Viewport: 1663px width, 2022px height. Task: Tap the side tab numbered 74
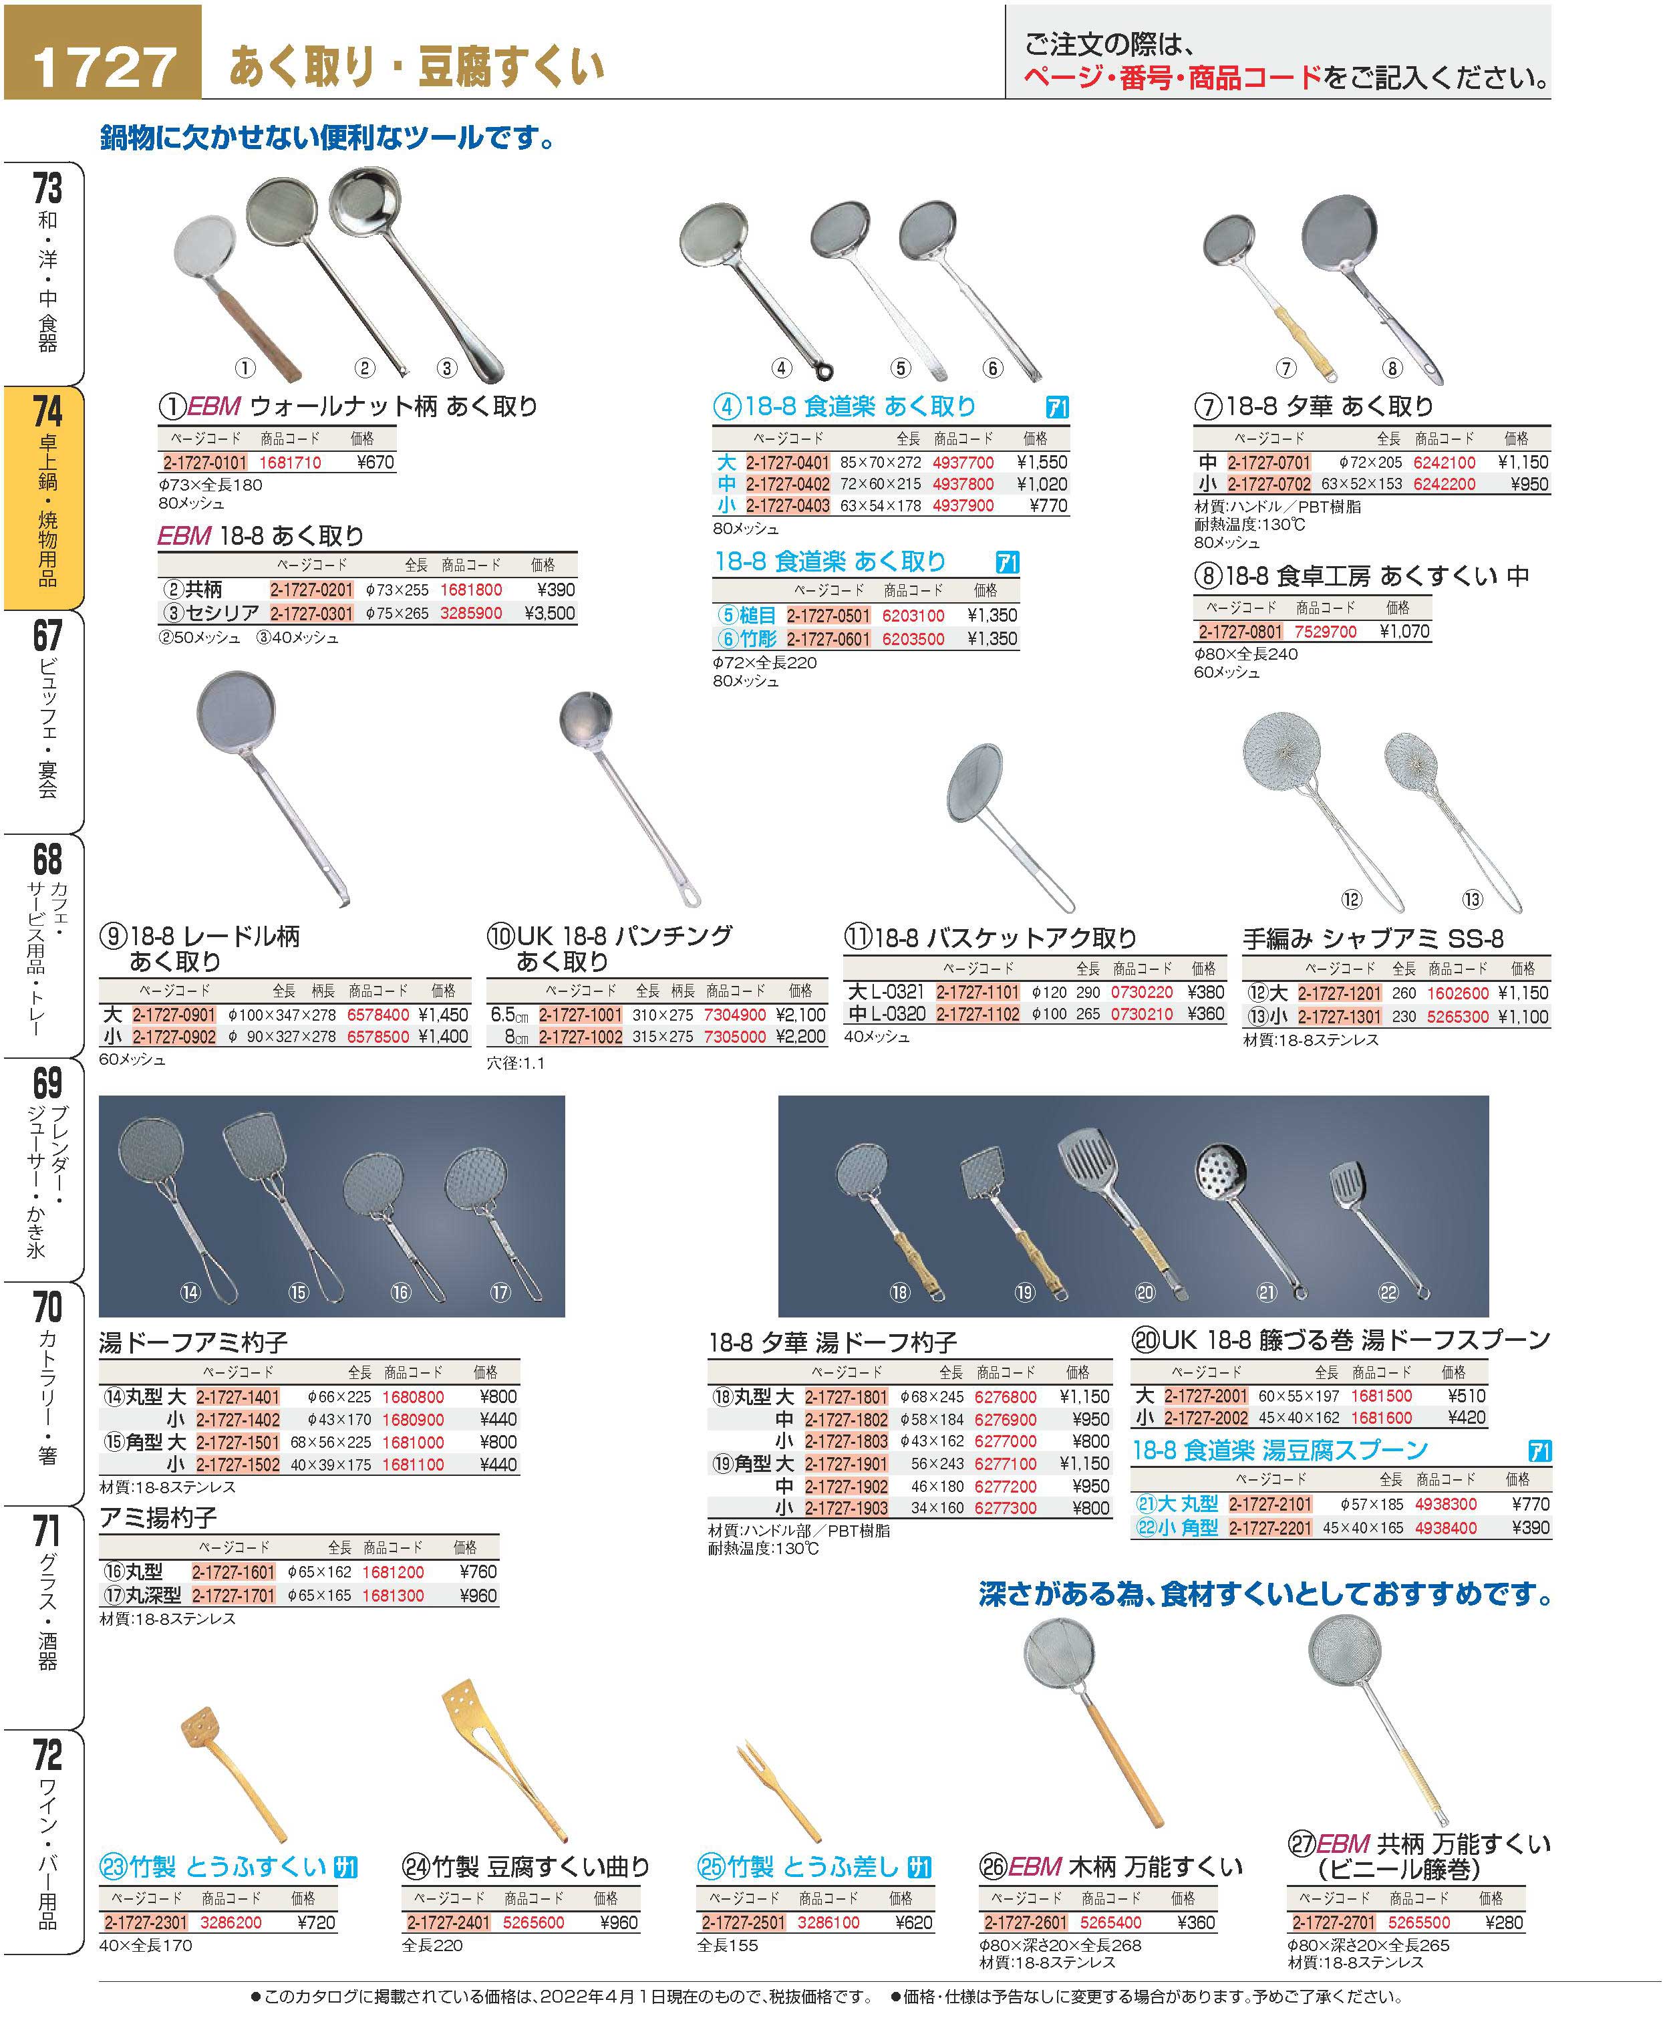point(44,497)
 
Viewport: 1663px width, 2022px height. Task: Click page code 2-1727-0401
point(788,463)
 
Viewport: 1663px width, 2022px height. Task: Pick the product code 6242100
point(1445,463)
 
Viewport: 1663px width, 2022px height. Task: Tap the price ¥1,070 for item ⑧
point(1404,632)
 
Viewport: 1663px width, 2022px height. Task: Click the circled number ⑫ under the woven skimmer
point(1351,899)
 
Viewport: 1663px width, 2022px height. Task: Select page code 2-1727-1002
point(581,1037)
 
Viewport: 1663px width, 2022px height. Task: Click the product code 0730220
point(1142,992)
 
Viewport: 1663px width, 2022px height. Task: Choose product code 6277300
point(1005,1507)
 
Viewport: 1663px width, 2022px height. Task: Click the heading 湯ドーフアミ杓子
point(194,1343)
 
